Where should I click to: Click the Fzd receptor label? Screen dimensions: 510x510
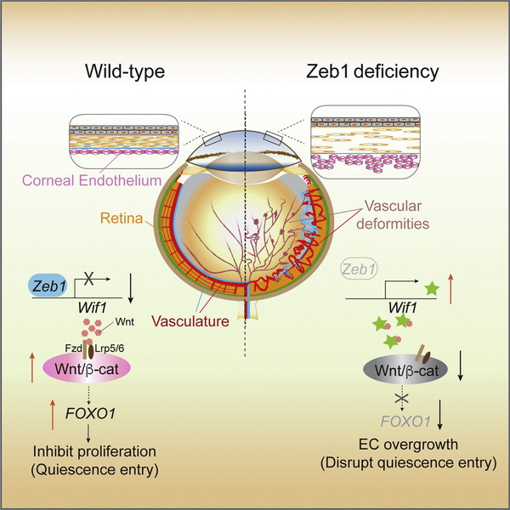pyautogui.click(x=71, y=349)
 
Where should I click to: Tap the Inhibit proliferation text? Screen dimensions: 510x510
pyautogui.click(x=92, y=450)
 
